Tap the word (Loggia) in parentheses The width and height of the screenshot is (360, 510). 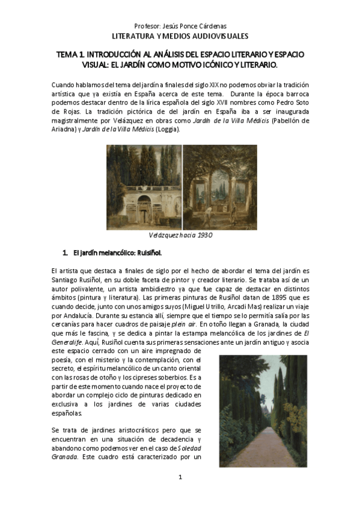point(174,129)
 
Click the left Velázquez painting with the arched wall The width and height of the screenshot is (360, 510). point(144,186)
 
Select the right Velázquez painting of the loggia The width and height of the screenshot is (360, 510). point(219,186)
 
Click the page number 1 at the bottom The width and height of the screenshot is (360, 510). point(180,477)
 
